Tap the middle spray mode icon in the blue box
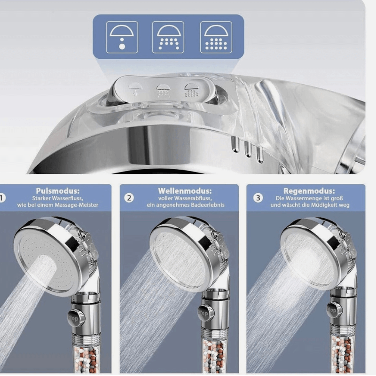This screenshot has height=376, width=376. point(168,37)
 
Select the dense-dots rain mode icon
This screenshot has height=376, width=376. point(216,37)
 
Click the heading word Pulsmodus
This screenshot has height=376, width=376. point(58,191)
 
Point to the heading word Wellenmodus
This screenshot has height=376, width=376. point(185,191)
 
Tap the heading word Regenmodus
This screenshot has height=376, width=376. point(313,191)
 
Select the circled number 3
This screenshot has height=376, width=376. point(258,197)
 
